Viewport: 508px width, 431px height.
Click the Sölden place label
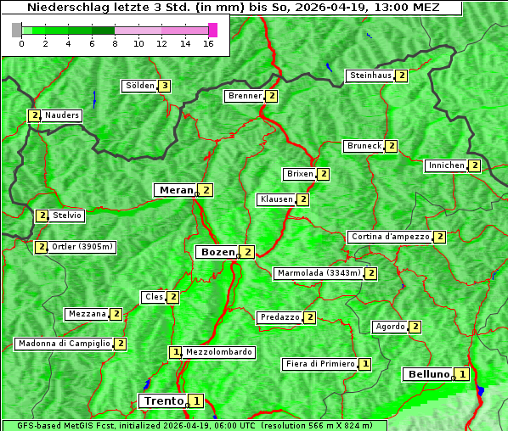(x=140, y=86)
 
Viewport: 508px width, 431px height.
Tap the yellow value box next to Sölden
(x=164, y=86)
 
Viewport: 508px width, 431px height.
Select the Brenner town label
(x=245, y=96)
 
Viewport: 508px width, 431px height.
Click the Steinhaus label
(x=371, y=76)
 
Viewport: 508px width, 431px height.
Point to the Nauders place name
(x=62, y=115)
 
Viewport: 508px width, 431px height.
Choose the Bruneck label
(x=364, y=146)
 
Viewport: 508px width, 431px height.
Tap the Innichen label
(x=447, y=165)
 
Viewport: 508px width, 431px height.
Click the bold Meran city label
(x=176, y=190)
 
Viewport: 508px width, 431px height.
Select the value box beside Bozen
(x=246, y=252)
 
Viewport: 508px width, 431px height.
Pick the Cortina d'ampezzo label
(x=390, y=237)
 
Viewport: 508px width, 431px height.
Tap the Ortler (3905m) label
(x=82, y=247)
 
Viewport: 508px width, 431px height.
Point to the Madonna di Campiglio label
(x=64, y=344)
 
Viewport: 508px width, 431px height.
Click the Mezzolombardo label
(x=218, y=352)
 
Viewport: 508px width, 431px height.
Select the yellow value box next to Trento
(x=196, y=400)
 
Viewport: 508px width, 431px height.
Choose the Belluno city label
(x=427, y=374)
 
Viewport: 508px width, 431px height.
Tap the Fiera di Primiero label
(x=319, y=364)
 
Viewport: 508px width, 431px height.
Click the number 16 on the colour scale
(x=207, y=43)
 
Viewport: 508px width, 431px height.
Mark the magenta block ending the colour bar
(x=212, y=30)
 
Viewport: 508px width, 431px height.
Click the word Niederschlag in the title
(x=64, y=8)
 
